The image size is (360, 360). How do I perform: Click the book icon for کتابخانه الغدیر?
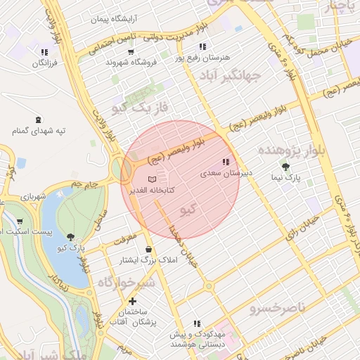(x=153, y=179)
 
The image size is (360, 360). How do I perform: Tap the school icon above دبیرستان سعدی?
(x=225, y=162)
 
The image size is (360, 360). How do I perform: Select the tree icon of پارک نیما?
(x=285, y=167)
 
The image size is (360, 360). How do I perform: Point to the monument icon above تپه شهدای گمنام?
(x=37, y=119)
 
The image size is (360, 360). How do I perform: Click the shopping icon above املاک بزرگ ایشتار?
(x=148, y=249)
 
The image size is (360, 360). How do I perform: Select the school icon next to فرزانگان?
(x=44, y=52)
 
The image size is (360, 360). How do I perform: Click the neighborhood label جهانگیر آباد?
(x=230, y=75)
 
